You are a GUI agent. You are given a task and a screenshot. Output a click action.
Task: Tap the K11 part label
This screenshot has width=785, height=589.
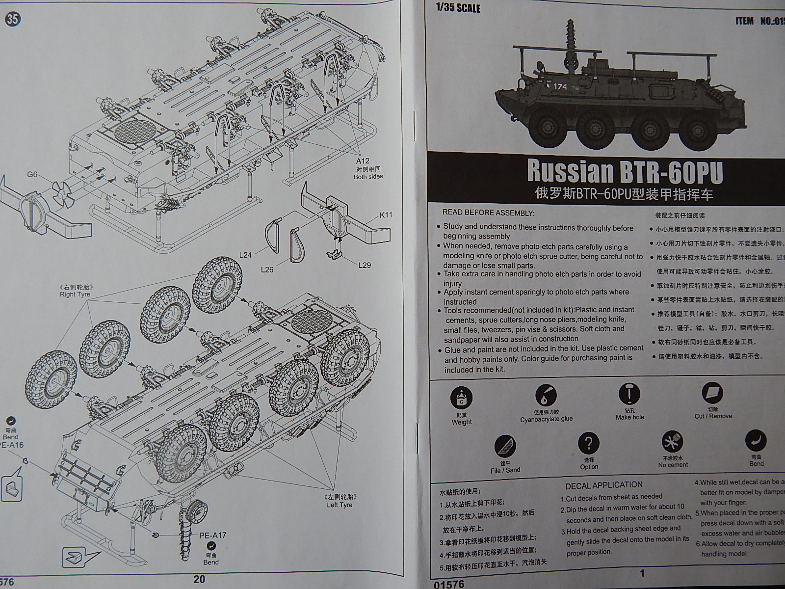[x=386, y=215]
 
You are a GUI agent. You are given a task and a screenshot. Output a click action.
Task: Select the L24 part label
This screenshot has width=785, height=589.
[x=246, y=255]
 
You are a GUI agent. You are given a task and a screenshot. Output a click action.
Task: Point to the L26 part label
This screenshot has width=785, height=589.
[x=267, y=269]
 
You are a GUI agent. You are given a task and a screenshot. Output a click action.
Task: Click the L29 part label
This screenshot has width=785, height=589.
[x=365, y=265]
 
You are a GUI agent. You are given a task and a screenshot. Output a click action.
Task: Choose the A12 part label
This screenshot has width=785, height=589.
[x=363, y=161]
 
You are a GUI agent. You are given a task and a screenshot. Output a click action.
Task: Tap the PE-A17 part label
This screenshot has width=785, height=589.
[x=212, y=535]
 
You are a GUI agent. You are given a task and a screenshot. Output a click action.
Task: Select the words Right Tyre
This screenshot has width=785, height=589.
[x=75, y=294]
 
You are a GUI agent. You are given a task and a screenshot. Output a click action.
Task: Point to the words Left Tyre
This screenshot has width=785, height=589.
[x=340, y=505]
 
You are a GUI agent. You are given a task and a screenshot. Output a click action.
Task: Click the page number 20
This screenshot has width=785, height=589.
[x=199, y=579]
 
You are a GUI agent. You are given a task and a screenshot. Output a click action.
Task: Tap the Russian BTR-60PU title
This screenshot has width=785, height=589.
[x=625, y=171]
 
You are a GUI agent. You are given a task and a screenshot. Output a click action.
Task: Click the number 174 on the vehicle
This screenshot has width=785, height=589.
[x=560, y=87]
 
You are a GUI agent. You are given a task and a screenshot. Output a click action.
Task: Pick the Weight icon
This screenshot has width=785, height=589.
[x=462, y=399]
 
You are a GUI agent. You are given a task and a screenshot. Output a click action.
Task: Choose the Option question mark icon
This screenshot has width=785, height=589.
[x=589, y=444]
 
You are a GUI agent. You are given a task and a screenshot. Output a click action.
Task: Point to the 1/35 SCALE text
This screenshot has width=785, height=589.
[x=458, y=8]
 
